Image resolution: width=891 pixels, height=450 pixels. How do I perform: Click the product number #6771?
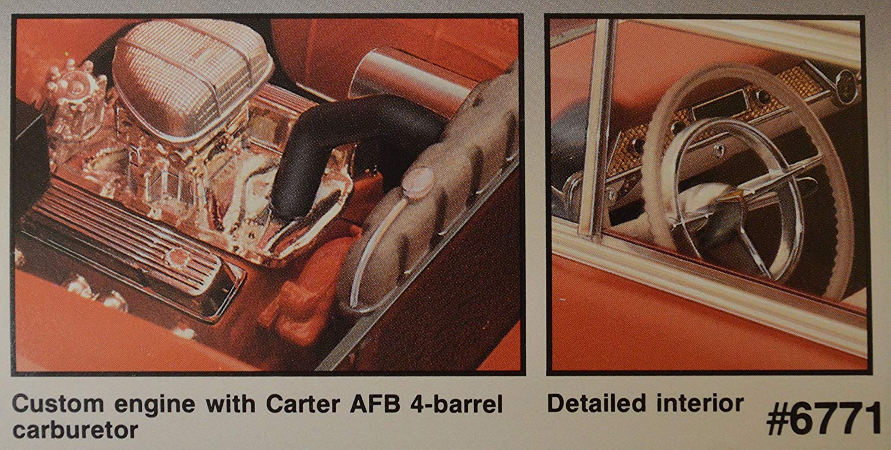823,419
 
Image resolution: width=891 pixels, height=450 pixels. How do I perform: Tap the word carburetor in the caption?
75,429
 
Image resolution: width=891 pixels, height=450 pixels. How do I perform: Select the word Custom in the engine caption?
52,404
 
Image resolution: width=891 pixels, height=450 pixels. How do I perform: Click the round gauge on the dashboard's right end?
846,80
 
